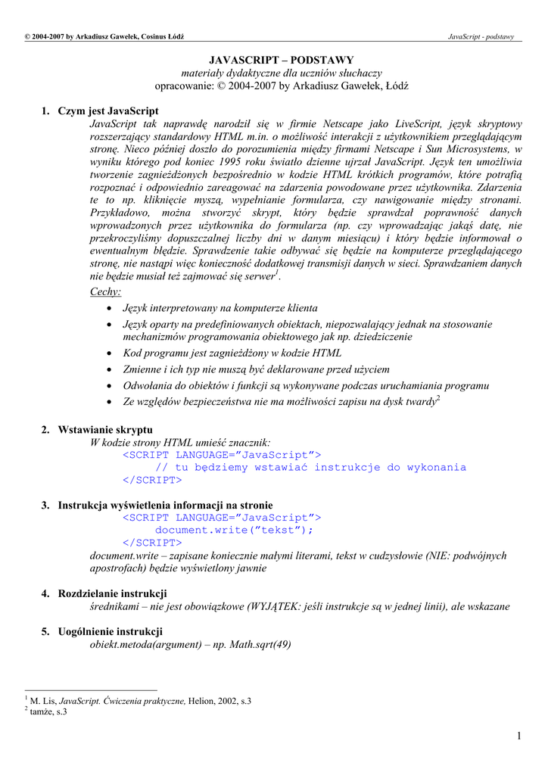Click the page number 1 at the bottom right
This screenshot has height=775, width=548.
point(519,736)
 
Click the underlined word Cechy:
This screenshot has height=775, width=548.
point(105,292)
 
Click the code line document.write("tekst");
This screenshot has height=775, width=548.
point(234,530)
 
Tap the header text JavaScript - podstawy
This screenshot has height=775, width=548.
point(481,36)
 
